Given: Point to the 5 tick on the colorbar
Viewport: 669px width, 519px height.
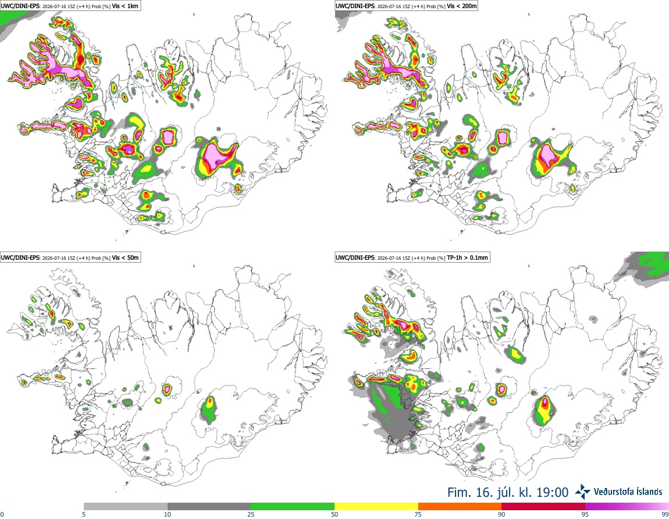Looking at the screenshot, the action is [x=84, y=514].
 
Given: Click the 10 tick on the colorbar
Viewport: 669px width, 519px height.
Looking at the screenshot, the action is [x=168, y=514].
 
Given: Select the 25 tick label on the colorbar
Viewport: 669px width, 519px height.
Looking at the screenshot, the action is [x=251, y=514].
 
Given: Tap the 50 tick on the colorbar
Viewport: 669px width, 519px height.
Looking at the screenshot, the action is [x=335, y=514].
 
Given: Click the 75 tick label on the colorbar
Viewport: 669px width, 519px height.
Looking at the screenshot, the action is [x=418, y=514].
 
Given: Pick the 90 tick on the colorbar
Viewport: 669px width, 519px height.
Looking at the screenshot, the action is [x=501, y=514].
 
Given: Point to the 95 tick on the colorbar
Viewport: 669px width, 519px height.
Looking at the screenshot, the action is [x=585, y=514].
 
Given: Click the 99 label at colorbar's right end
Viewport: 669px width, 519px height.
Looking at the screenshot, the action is [x=665, y=514].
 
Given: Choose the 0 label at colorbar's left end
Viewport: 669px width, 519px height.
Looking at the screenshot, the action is [x=2, y=514].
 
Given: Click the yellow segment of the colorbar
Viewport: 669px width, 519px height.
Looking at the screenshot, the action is [x=376, y=507].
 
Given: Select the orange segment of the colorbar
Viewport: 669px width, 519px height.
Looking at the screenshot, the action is [x=460, y=507].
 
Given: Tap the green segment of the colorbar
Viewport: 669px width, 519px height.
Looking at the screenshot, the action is [x=293, y=507].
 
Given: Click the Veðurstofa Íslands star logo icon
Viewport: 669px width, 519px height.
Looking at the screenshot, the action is [x=583, y=492].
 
